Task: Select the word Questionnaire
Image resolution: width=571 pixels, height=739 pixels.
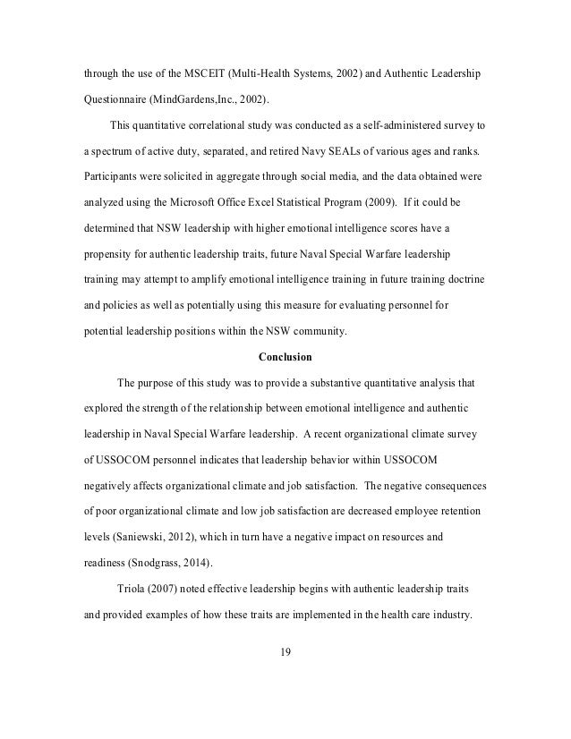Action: click(x=110, y=99)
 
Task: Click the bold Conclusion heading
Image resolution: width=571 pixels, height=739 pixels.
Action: click(x=285, y=358)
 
